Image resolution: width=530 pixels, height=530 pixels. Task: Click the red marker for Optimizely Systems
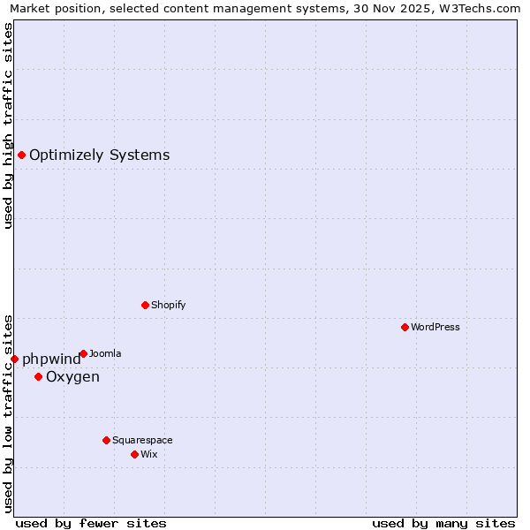(21, 155)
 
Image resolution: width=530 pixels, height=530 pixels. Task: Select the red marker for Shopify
(145, 305)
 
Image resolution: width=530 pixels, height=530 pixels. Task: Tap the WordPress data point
(405, 327)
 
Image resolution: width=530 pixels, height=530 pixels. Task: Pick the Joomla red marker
(83, 353)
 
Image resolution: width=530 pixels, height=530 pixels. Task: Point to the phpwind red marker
(14, 359)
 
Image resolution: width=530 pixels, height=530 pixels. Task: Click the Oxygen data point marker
(38, 377)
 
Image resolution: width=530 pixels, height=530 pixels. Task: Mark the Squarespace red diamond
(106, 440)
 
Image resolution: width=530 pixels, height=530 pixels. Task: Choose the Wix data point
(134, 454)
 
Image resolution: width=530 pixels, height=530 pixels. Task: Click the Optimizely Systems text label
(99, 155)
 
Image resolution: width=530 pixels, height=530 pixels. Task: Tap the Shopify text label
(168, 305)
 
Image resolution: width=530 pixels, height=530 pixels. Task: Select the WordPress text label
(435, 327)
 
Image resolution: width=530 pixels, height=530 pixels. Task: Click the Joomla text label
(105, 353)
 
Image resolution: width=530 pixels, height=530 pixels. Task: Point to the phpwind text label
(51, 360)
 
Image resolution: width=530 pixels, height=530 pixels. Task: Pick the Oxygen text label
(72, 377)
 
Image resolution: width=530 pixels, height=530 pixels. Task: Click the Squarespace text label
(142, 440)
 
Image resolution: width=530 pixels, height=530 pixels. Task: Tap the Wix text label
(148, 454)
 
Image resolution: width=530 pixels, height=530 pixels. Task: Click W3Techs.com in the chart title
(482, 9)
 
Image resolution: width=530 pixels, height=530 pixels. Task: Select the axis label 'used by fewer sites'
(91, 523)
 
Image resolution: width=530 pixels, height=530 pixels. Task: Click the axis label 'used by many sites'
(443, 523)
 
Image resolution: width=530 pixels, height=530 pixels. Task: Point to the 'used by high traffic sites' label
(9, 125)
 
